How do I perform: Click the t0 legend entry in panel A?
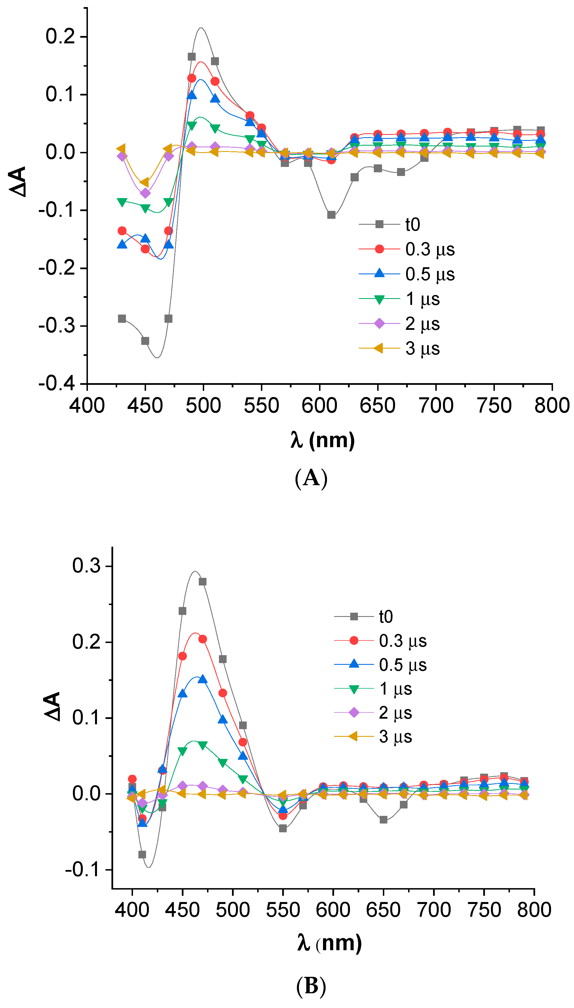(x=412, y=224)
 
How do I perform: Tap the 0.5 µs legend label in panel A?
(x=430, y=274)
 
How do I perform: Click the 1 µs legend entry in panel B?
(x=395, y=689)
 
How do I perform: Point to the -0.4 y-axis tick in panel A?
(x=57, y=383)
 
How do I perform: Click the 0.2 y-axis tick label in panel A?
(x=60, y=37)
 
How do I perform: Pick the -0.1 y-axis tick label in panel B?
(x=83, y=869)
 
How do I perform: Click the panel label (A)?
(x=311, y=478)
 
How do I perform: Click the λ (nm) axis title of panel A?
(x=322, y=440)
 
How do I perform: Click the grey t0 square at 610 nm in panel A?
(x=331, y=215)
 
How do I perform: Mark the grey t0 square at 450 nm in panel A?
(x=145, y=341)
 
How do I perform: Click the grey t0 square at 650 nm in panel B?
(x=383, y=820)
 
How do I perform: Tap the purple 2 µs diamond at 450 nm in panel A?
(x=145, y=193)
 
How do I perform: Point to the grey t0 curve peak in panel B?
(x=195, y=572)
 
